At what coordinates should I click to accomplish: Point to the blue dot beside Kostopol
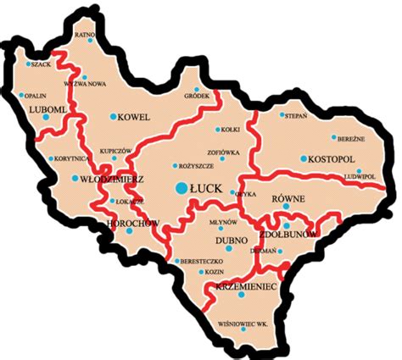[303, 158]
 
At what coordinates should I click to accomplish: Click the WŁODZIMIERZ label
[111, 180]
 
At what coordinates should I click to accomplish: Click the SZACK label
[42, 64]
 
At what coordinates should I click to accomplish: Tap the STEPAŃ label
[297, 114]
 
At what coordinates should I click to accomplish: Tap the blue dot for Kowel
[111, 117]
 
